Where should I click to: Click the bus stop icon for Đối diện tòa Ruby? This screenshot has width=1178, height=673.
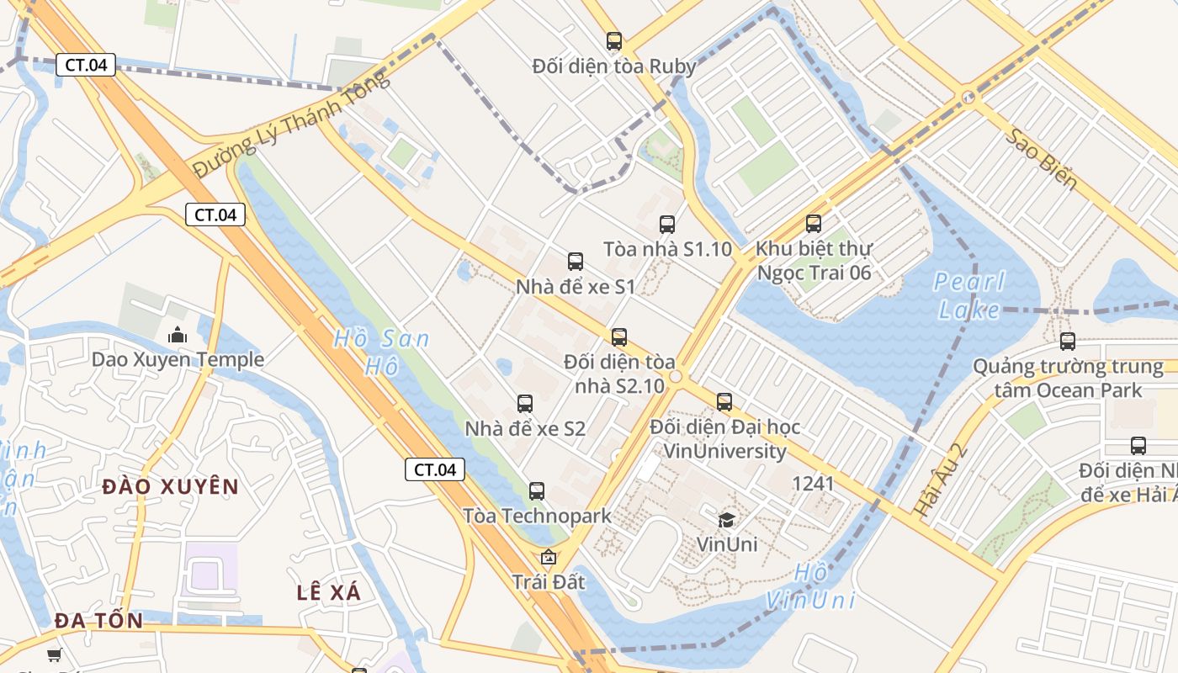[614, 40]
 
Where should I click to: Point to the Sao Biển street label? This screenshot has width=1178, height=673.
[1040, 160]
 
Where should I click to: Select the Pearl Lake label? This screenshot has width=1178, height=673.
[969, 295]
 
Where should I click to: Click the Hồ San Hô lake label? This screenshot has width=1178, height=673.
[381, 352]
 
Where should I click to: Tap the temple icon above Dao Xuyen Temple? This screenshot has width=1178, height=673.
[178, 335]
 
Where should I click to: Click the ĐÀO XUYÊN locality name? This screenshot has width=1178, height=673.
[171, 486]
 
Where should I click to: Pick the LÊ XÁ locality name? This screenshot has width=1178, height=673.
[329, 592]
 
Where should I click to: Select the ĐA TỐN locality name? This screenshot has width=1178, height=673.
[98, 621]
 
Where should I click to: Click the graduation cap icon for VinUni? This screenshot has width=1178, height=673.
[726, 520]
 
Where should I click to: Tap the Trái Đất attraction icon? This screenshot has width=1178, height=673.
[549, 557]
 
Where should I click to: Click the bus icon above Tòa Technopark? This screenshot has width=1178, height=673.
[537, 490]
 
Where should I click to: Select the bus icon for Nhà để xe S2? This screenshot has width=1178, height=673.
[525, 403]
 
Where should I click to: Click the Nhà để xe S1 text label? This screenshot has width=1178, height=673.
[576, 287]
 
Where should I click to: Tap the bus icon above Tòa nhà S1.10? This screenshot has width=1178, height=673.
[667, 224]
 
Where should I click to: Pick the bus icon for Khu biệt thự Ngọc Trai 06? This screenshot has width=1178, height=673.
[814, 223]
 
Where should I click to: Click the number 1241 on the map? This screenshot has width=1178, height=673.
[813, 484]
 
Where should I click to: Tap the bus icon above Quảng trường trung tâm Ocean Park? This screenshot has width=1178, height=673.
[1068, 341]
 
